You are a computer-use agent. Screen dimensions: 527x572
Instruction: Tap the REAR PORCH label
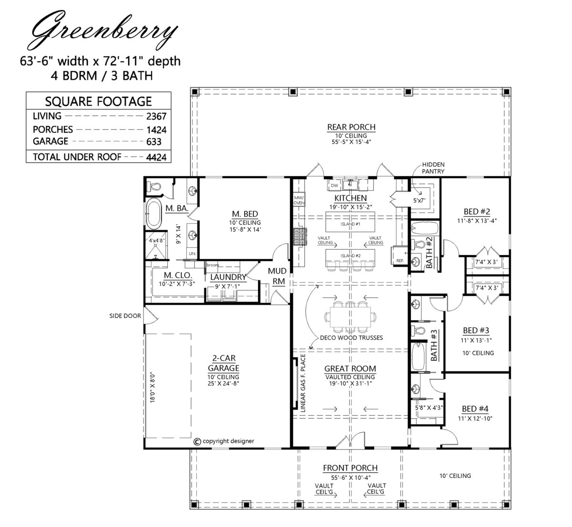(x=351, y=127)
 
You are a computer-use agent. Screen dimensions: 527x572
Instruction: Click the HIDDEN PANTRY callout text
(x=433, y=167)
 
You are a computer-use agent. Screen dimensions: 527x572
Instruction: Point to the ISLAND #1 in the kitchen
(x=350, y=223)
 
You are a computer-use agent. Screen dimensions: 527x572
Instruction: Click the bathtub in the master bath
(x=153, y=215)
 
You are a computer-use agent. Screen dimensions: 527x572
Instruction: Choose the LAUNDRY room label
(x=228, y=277)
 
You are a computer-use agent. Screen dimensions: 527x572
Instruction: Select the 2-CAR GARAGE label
(x=223, y=363)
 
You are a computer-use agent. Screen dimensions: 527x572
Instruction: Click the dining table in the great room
(x=350, y=315)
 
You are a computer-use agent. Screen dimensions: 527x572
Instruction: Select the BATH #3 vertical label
(x=435, y=346)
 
